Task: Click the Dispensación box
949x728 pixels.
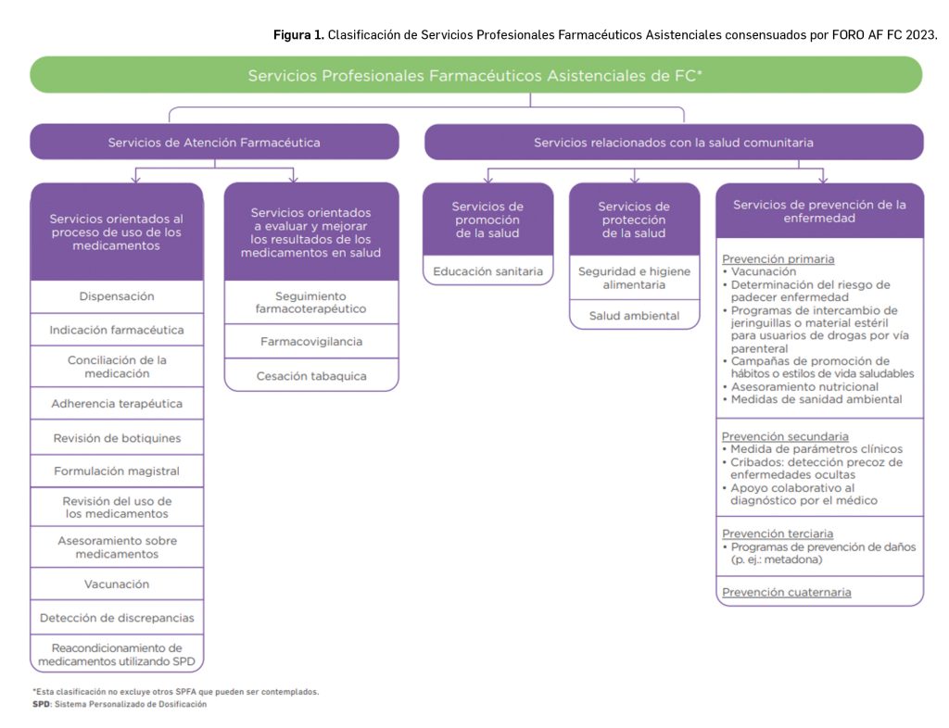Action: [117, 296]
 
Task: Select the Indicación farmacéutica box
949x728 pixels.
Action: [117, 330]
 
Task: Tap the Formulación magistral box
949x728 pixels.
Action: [117, 471]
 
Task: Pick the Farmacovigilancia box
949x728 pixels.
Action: [311, 342]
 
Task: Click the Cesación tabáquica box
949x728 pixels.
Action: [311, 376]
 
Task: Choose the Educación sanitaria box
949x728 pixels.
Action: [488, 271]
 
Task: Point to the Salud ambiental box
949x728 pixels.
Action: [634, 316]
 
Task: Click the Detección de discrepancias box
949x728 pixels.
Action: [117, 618]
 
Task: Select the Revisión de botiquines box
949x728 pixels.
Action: [117, 438]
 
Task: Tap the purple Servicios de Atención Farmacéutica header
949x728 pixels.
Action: [214, 143]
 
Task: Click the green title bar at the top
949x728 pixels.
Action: [475, 75]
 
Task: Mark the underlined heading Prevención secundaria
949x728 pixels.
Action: [785, 436]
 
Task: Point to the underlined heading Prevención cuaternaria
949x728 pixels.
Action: [786, 592]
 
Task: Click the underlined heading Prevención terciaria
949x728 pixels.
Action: [778, 533]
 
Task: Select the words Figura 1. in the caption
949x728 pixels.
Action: [298, 35]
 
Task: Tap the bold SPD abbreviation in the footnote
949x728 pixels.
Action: [42, 705]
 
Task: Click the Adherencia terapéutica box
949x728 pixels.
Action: [117, 404]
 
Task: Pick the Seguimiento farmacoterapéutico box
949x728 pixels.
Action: [311, 301]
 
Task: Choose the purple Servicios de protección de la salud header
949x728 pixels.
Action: [634, 220]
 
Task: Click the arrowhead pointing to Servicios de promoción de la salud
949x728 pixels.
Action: [488, 178]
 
